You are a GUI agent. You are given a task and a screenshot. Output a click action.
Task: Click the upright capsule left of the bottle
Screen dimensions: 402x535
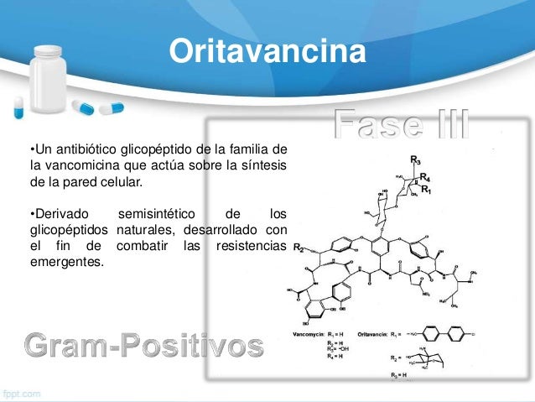pos(18,107)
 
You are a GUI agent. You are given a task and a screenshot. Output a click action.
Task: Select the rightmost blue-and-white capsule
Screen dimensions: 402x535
pos(111,107)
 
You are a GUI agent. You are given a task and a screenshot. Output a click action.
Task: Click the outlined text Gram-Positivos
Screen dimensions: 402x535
pos(143,344)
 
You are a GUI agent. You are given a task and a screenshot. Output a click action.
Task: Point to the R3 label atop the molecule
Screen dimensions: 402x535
pos(416,159)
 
